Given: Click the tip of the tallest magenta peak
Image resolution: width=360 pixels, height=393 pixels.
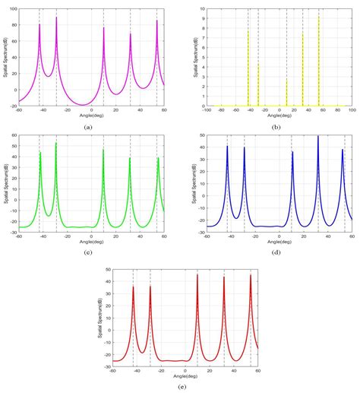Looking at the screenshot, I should pyautogui.click(x=56, y=17).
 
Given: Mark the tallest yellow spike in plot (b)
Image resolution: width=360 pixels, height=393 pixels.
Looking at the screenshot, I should pyautogui.click(x=318, y=17).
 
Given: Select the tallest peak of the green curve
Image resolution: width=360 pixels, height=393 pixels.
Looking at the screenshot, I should pyautogui.click(x=56, y=143).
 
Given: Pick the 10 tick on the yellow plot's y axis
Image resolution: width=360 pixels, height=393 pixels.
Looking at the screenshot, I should pyautogui.click(x=200, y=8).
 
